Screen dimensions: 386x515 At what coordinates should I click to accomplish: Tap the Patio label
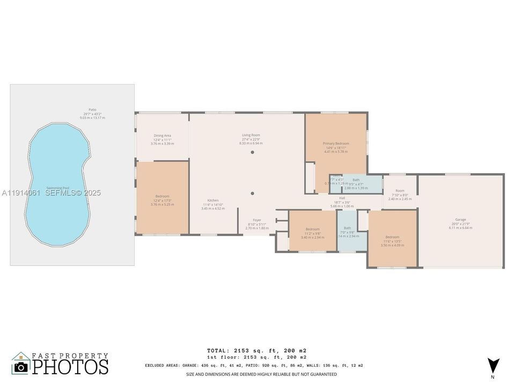point(92,109)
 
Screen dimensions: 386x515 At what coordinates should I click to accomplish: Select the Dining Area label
point(162,136)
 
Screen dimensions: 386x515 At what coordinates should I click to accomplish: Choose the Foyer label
point(257,220)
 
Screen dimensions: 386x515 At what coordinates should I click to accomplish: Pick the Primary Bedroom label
point(336,144)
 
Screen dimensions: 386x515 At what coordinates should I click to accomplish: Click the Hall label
point(342,198)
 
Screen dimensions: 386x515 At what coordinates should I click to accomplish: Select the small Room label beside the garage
point(400,191)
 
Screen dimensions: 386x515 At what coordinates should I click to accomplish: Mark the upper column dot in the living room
point(252,152)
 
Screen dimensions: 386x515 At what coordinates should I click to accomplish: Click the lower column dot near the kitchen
point(252,193)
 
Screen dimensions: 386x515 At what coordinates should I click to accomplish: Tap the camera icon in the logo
point(21,367)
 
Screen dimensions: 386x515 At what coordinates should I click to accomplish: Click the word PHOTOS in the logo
point(70,367)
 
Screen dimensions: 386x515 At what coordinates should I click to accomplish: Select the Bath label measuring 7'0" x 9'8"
point(347,228)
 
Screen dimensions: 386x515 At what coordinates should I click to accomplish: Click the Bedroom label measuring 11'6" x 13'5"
point(392,237)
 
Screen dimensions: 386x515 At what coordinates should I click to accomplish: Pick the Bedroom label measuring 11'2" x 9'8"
point(312,229)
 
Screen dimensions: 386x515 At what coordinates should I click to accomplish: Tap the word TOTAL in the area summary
point(220,350)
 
